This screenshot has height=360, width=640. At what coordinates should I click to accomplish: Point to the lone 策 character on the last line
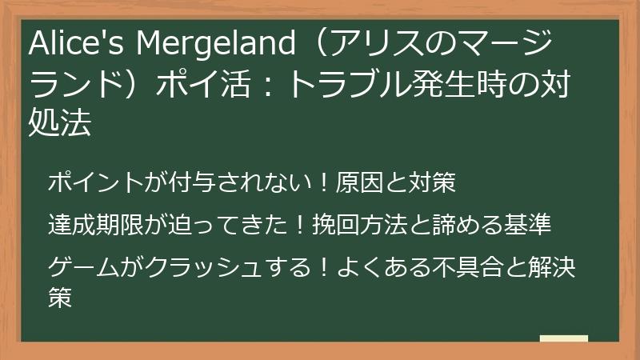click(60, 298)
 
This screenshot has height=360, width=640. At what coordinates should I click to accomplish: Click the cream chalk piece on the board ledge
click(563, 339)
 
